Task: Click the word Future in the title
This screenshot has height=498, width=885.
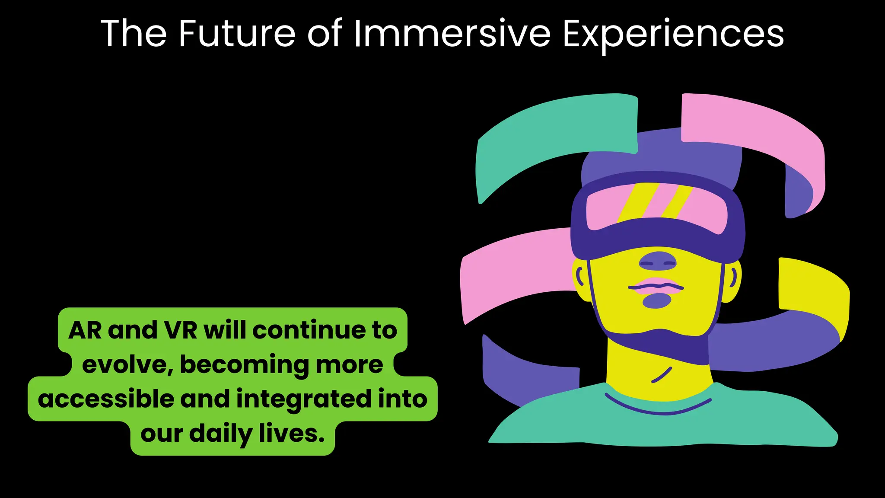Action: click(x=237, y=34)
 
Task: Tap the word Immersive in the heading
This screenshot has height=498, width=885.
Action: click(x=452, y=34)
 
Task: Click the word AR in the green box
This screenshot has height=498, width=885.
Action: click(x=85, y=331)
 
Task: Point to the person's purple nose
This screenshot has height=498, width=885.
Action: click(x=658, y=261)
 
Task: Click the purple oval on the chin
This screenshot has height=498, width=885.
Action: click(x=657, y=301)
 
